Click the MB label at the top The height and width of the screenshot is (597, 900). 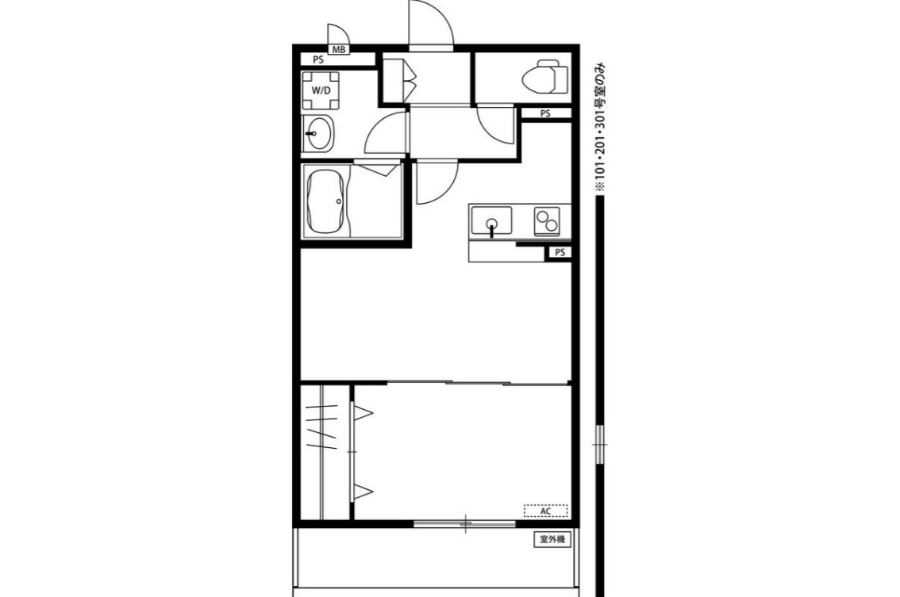point(339,50)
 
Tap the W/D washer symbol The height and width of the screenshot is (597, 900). point(321,90)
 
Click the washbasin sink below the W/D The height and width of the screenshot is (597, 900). point(317,133)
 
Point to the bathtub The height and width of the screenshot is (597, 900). point(325,201)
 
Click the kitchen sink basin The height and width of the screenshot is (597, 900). point(491,220)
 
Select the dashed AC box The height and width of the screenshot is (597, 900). point(546,511)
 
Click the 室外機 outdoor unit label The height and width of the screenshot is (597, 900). point(552,540)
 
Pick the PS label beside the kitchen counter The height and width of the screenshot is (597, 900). point(560,252)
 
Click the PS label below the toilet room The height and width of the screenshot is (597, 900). point(545,113)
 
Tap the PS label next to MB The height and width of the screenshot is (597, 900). point(318,59)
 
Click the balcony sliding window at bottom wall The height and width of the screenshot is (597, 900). point(465,523)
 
